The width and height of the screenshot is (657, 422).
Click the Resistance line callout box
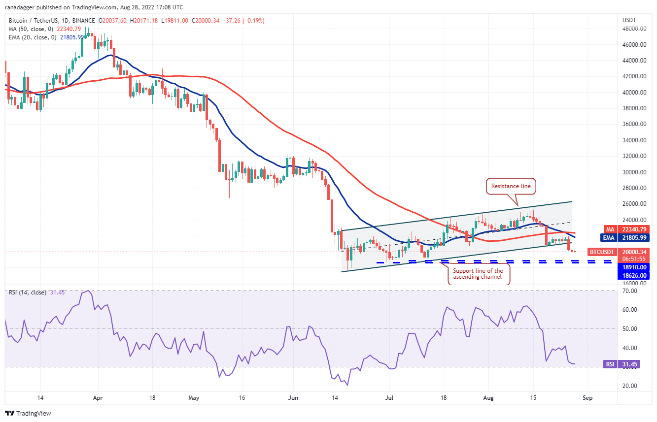click(511, 186)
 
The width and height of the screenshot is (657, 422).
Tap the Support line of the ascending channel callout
click(478, 274)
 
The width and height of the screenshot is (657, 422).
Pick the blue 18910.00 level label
click(633, 267)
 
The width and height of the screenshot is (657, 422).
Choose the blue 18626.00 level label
click(633, 276)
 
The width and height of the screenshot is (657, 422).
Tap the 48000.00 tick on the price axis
click(634, 29)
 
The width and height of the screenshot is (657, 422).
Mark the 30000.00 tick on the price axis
click(634, 172)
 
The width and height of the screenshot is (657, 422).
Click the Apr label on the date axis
click(98, 397)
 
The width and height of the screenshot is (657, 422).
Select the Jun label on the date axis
click(293, 397)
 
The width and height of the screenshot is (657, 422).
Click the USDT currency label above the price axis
click(630, 20)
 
